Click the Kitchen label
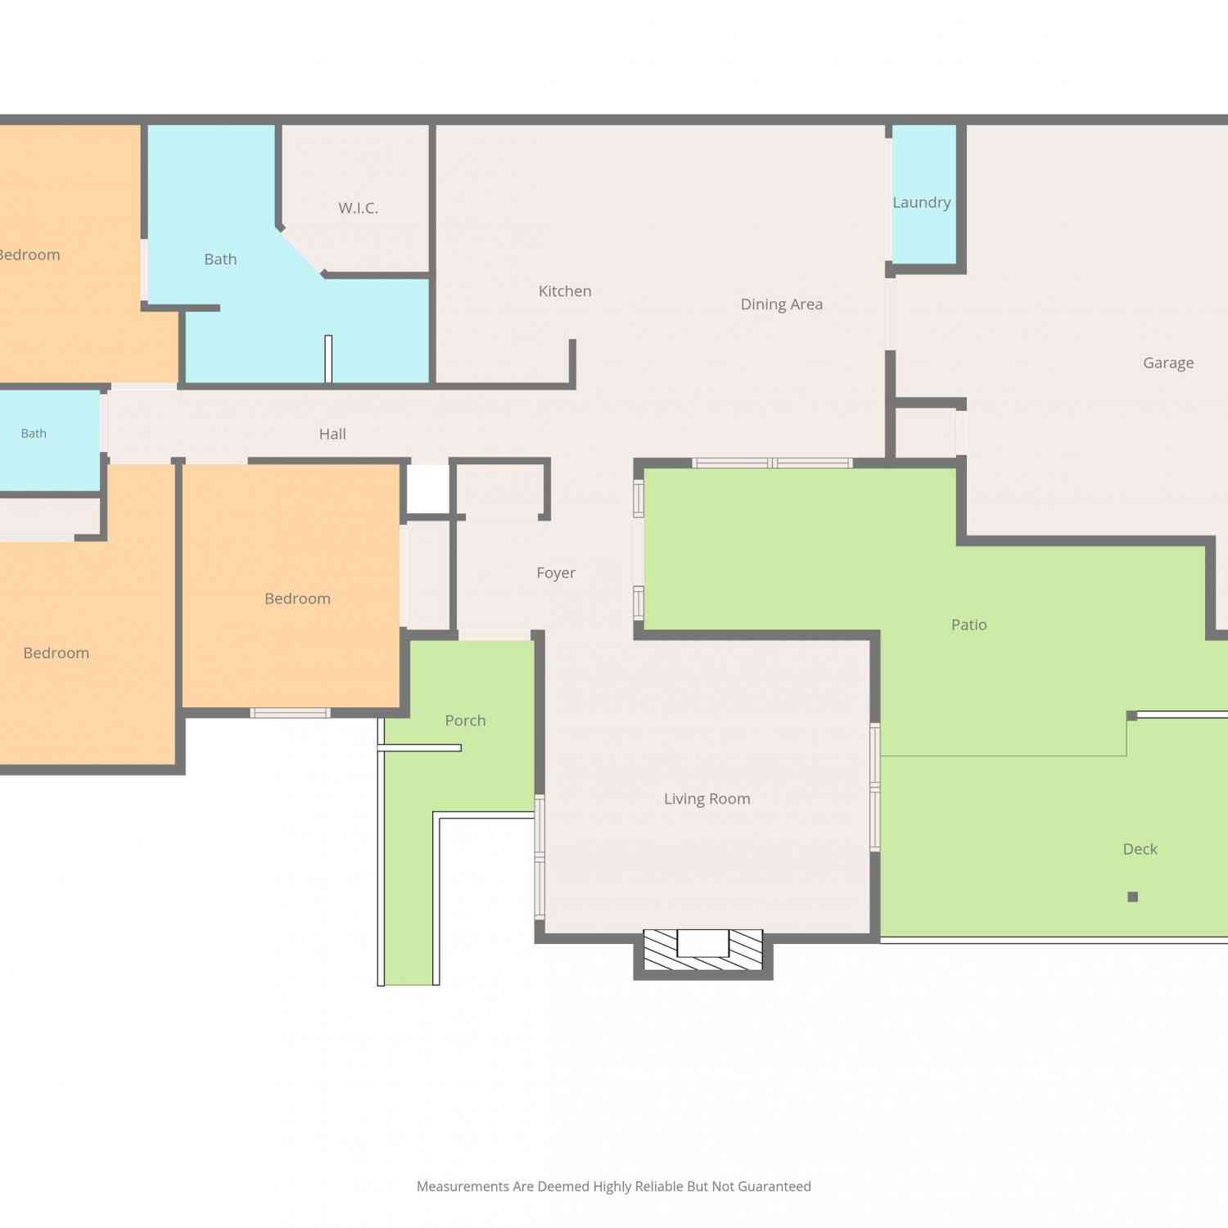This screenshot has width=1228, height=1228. pyautogui.click(x=565, y=291)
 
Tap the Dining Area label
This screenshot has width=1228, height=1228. pyautogui.click(x=782, y=305)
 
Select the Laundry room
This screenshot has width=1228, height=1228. pyautogui.click(x=923, y=194)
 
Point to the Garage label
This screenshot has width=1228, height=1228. pyautogui.click(x=1168, y=363)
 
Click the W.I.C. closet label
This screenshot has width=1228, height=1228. pyautogui.click(x=359, y=208)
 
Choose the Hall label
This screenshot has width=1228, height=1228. pyautogui.click(x=332, y=434)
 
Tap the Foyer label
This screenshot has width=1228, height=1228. pyautogui.click(x=556, y=573)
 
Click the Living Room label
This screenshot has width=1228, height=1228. pyautogui.click(x=707, y=799)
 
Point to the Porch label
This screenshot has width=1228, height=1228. pyautogui.click(x=465, y=720)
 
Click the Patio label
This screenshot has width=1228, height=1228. pyautogui.click(x=969, y=625)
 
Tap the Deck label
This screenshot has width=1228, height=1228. pyautogui.click(x=1140, y=849)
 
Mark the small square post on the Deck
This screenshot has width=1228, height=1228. pyautogui.click(x=1133, y=896)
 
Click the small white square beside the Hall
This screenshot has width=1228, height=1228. pyautogui.click(x=428, y=489)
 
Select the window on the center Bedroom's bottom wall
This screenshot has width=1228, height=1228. pyautogui.click(x=291, y=713)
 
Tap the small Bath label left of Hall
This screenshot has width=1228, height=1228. pyautogui.click(x=34, y=433)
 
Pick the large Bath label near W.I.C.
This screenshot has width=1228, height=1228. pyautogui.click(x=220, y=260)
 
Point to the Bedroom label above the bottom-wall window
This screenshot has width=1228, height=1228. pyautogui.click(x=297, y=598)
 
